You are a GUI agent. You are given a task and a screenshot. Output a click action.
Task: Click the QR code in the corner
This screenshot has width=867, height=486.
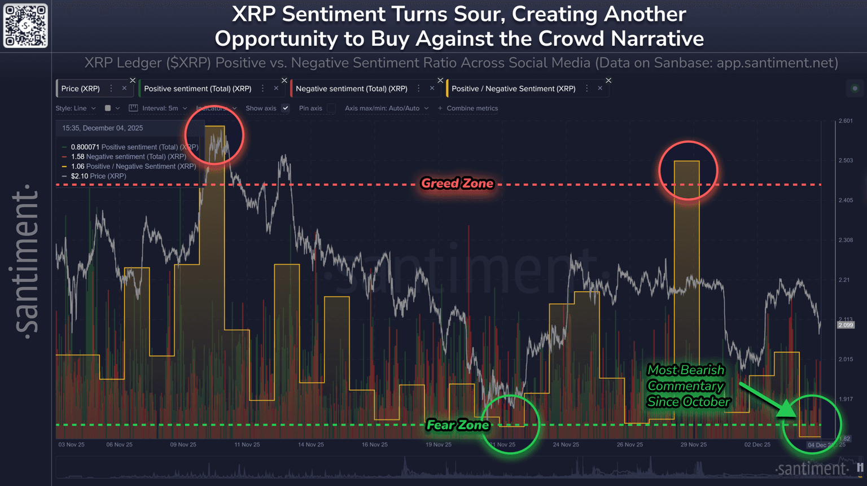[x=25, y=26]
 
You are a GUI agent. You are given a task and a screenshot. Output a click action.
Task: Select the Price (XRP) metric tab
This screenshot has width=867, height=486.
[x=80, y=89]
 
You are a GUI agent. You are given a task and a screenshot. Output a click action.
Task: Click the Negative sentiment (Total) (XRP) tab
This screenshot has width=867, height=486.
[x=351, y=89]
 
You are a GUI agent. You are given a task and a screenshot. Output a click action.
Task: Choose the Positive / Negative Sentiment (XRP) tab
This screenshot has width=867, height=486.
[x=513, y=89]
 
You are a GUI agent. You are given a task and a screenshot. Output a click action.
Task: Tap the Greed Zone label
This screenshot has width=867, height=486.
[x=457, y=183]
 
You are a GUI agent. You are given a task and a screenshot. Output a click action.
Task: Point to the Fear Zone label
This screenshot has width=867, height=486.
[x=457, y=425]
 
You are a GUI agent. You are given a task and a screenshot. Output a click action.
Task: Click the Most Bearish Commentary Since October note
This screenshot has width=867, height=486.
[x=688, y=386]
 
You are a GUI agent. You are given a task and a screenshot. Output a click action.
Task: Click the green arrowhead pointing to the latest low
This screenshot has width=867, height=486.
[x=787, y=409]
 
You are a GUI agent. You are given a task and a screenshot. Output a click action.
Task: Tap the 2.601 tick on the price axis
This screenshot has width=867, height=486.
[x=846, y=121]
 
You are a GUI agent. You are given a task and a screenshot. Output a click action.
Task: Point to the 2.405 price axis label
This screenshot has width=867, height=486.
[x=846, y=200]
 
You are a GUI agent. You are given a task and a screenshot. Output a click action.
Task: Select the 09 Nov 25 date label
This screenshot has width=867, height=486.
[x=183, y=445]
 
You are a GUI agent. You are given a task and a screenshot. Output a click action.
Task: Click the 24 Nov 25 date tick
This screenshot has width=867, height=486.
[x=566, y=445]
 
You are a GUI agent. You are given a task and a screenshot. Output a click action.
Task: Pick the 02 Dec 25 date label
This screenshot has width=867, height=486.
[x=757, y=445]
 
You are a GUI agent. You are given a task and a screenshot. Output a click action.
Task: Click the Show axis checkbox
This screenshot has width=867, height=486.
[x=286, y=108]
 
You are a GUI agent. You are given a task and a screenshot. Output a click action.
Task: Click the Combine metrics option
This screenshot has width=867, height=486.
[x=468, y=108]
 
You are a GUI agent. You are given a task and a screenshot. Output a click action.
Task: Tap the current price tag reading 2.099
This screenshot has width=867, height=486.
[x=846, y=325]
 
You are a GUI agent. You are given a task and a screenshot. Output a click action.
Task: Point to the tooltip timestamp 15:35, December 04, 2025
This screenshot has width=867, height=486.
[x=102, y=128]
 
